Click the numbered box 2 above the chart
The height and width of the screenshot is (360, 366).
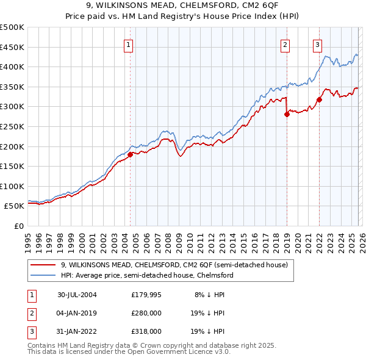(285, 44)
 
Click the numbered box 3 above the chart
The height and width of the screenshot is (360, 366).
(318, 44)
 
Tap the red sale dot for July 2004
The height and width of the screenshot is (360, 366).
(130, 154)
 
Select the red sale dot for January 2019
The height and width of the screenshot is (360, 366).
(287, 114)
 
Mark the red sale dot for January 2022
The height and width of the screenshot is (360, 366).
(319, 99)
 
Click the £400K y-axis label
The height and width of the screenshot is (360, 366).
(12, 67)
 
